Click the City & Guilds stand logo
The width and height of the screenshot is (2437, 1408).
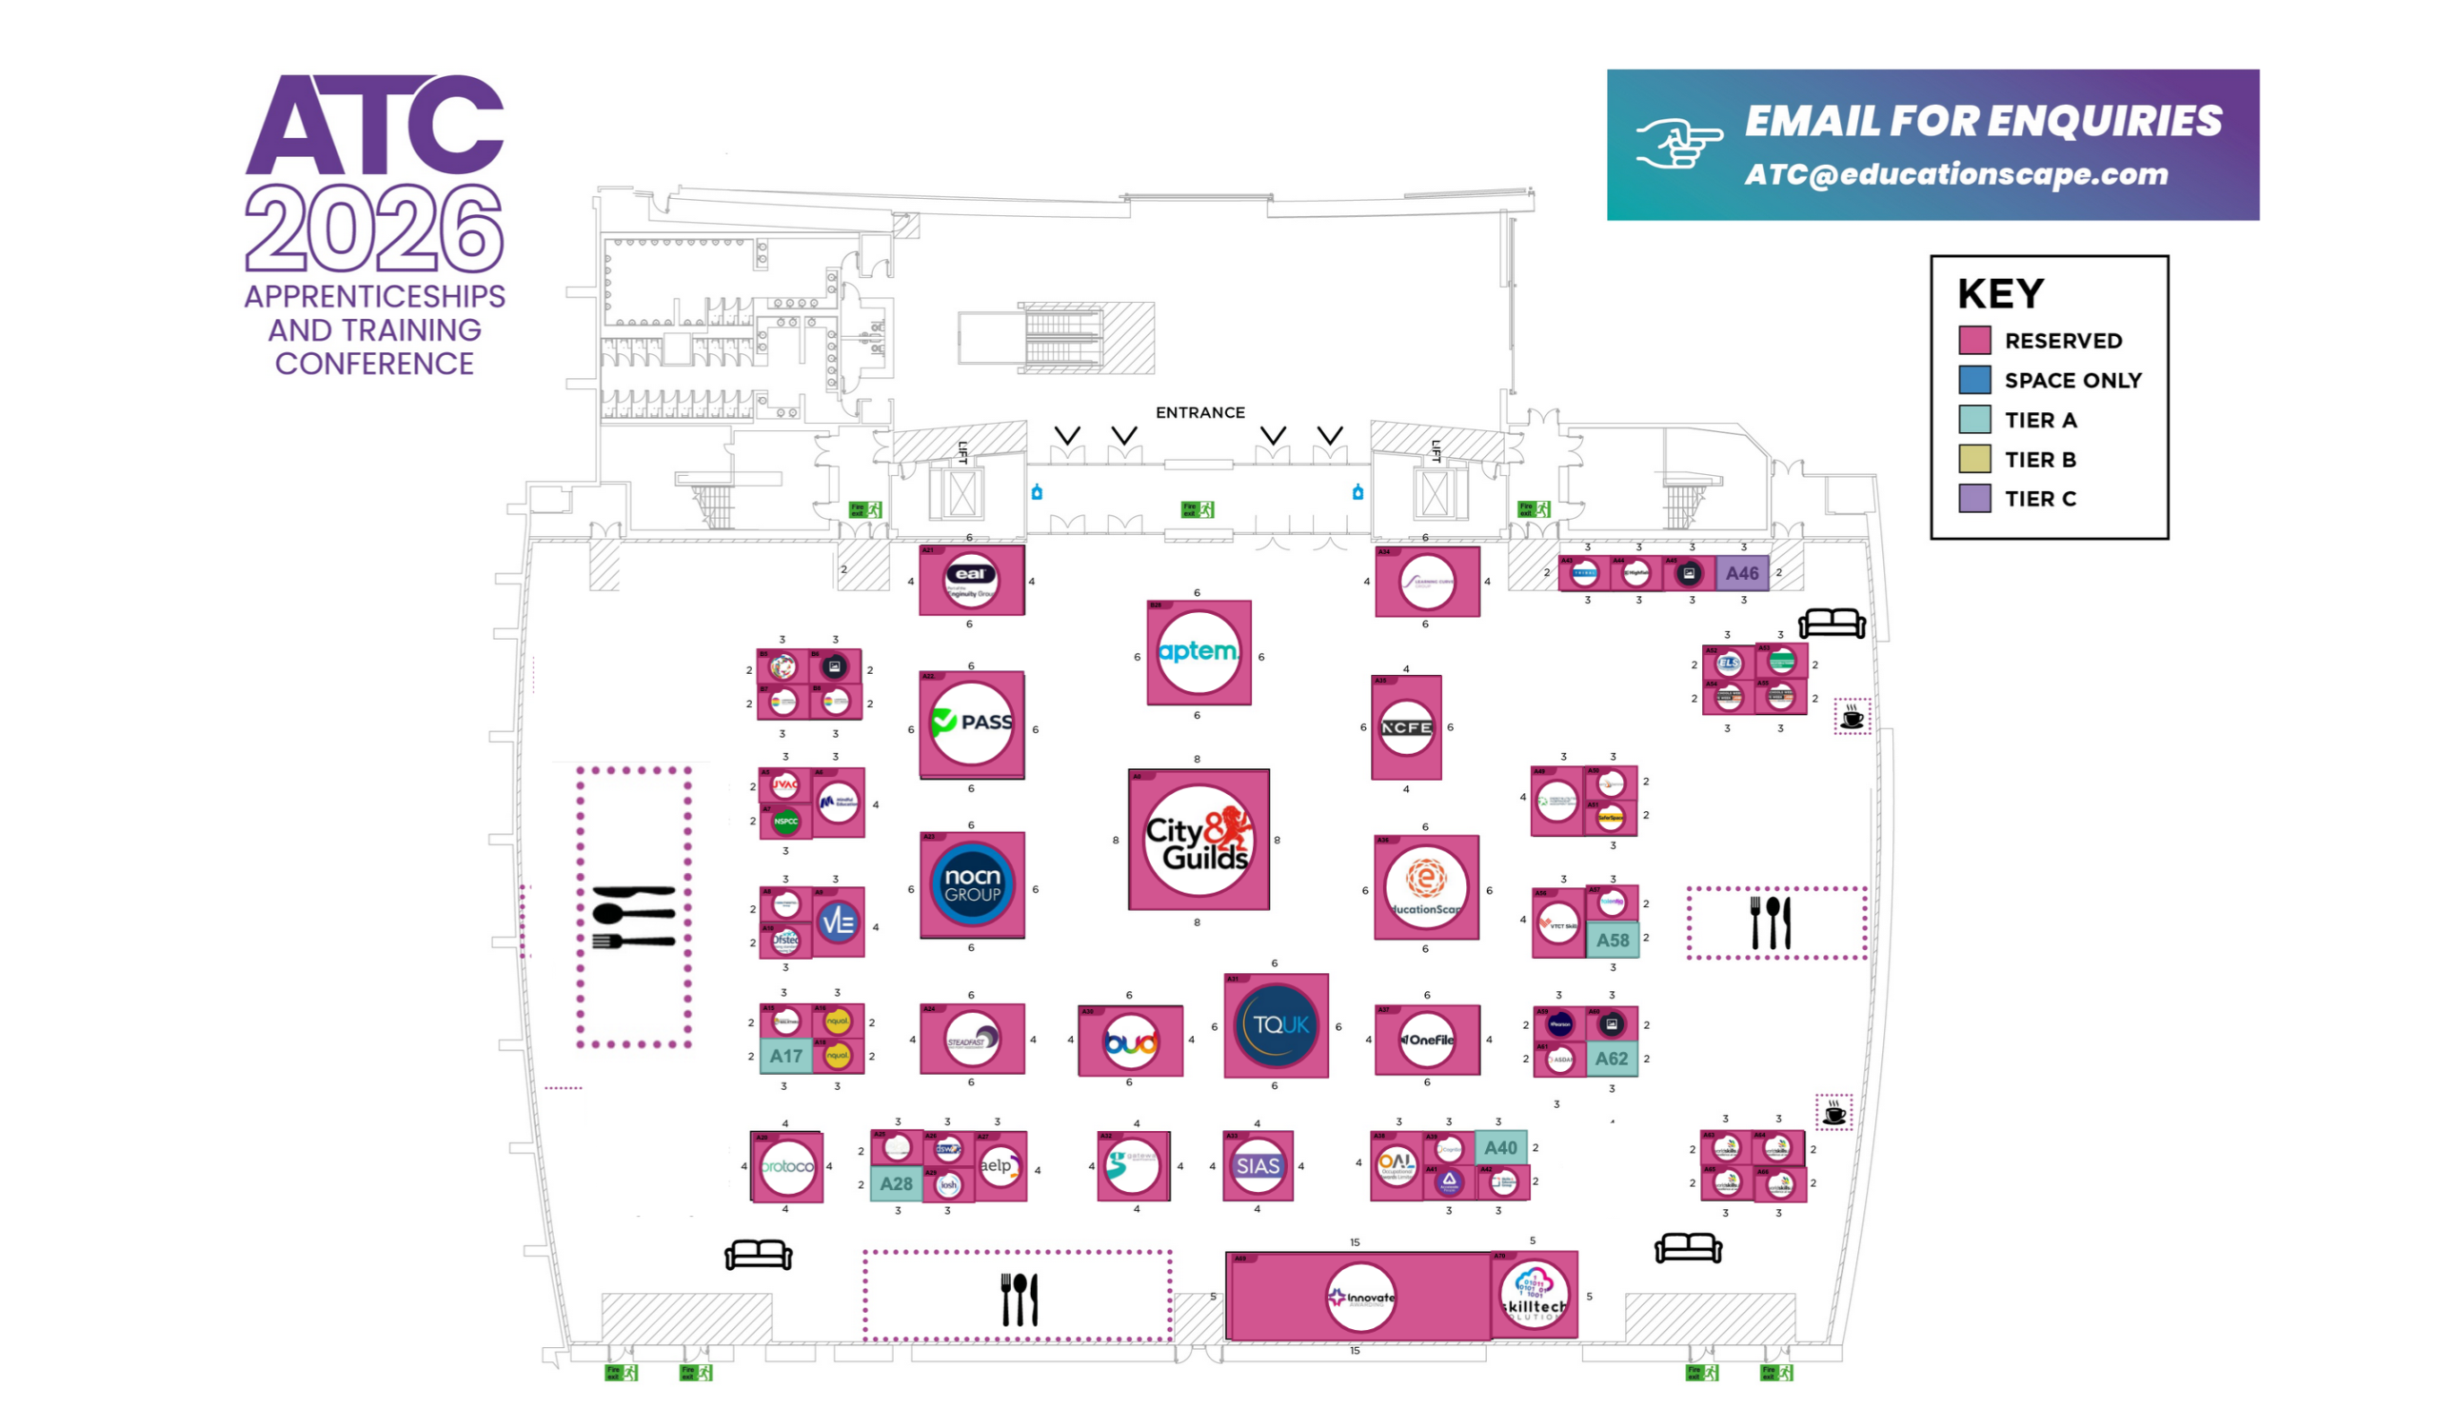(x=1198, y=841)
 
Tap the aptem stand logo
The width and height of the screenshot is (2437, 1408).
(x=1198, y=653)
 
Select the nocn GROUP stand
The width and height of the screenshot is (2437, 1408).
(x=972, y=884)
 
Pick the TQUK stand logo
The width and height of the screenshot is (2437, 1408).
(x=1276, y=1025)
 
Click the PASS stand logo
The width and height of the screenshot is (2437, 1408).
(x=972, y=724)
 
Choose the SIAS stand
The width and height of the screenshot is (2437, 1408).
(x=1257, y=1166)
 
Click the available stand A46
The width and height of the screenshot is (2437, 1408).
(x=1742, y=573)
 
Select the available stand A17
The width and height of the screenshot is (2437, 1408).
(x=785, y=1056)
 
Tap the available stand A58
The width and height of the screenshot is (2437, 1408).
(x=1612, y=940)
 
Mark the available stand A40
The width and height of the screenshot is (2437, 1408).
(x=1500, y=1148)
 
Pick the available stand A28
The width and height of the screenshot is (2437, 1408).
(x=896, y=1183)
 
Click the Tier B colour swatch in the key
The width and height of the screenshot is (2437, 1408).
(x=1974, y=460)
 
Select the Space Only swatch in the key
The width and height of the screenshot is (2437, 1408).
(x=1974, y=380)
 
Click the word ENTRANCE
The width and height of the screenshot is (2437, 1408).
(x=1199, y=413)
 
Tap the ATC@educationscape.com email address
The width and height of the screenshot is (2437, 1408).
(x=1955, y=175)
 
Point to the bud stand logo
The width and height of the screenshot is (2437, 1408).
(x=1130, y=1042)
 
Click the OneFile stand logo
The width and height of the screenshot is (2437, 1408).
(x=1427, y=1041)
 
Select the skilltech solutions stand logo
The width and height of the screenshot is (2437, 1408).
(x=1534, y=1296)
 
